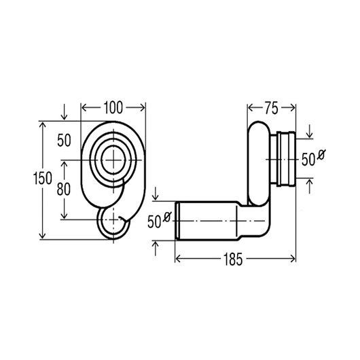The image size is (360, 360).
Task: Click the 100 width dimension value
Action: tap(113, 107)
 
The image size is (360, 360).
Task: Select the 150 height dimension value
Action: tap(43, 178)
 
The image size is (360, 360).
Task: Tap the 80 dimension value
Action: tap(64, 190)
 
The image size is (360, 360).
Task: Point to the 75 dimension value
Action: tap(271, 108)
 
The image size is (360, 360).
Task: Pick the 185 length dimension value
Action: tap(232, 259)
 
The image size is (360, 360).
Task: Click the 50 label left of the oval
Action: tap(64, 141)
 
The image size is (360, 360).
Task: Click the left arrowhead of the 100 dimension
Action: tap(84, 107)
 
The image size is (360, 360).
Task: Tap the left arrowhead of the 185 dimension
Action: tap(178, 259)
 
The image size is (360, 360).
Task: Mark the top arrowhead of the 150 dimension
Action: tap(43, 125)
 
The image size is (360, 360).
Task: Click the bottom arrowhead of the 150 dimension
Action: tap(43, 236)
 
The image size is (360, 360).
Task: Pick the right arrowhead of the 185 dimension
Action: tap(293, 259)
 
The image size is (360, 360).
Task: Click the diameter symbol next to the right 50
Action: tap(321, 154)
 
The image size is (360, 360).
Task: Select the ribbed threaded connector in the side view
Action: tap(286, 159)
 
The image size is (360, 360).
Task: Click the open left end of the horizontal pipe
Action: tap(177, 221)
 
